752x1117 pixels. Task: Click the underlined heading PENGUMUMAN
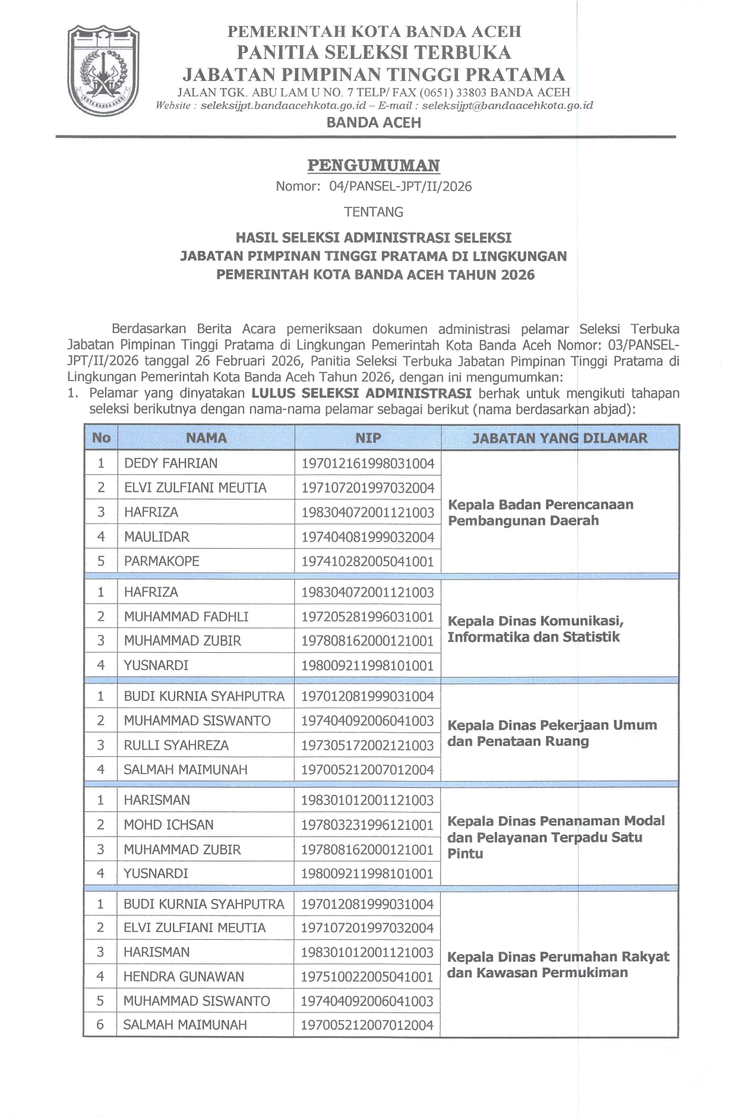tap(374, 165)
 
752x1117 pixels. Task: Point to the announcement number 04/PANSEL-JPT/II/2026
tap(400, 187)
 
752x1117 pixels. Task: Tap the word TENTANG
tap(374, 212)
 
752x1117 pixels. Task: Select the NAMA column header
tap(206, 438)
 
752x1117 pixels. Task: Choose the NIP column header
tap(368, 438)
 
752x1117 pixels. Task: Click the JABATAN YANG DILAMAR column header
tap(560, 438)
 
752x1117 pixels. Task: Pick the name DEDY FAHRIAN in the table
tap(171, 463)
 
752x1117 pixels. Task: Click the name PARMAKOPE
tap(162, 561)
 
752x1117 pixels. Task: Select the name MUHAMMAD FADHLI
tap(186, 616)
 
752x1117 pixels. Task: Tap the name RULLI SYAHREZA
tap(176, 745)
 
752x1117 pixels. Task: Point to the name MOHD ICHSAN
tap(169, 825)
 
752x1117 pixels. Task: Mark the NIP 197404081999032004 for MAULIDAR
tap(368, 537)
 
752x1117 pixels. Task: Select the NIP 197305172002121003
tap(368, 745)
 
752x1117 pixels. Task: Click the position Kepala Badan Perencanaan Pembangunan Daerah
tap(541, 512)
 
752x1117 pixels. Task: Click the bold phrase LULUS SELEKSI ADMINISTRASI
tap(362, 393)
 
